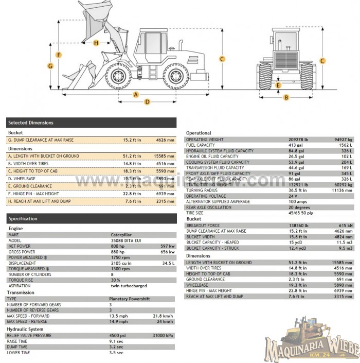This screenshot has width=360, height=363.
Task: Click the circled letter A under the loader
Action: point(136,95)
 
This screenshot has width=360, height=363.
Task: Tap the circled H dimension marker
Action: point(96,43)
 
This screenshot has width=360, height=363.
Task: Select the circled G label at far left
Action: point(50,65)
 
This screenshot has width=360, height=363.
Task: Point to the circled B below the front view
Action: point(286,97)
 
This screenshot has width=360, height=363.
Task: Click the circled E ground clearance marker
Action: point(278,85)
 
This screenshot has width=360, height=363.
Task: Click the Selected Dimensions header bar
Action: point(91,123)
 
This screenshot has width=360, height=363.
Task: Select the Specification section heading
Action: point(91,219)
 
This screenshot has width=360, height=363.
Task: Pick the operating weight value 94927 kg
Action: point(343,140)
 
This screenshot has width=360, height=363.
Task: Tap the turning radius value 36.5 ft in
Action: point(297,190)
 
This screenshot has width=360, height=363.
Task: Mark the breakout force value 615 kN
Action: point(346,226)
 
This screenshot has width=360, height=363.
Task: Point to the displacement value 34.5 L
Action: point(169,263)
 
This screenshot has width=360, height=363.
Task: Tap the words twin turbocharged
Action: point(128,286)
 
